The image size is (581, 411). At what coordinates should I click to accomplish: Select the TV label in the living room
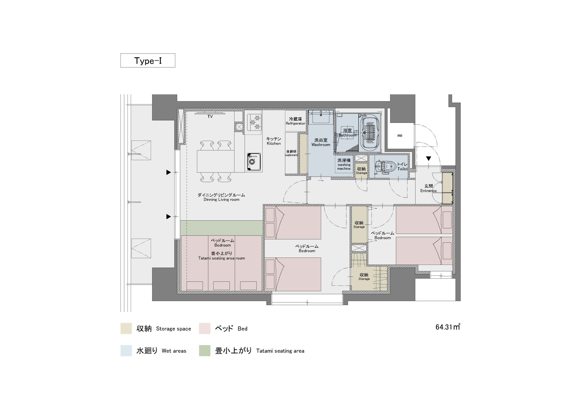pos(210,116)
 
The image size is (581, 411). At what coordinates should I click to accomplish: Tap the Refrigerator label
pos(295,121)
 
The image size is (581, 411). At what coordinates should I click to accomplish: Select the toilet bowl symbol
pos(385,167)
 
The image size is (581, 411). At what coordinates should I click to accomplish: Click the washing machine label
pos(344,164)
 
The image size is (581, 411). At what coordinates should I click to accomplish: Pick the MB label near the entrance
pos(400,136)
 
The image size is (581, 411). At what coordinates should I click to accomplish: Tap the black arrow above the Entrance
pos(428,159)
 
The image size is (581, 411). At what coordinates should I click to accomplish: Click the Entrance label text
pos(428,188)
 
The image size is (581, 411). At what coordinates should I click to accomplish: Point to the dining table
pos(216,161)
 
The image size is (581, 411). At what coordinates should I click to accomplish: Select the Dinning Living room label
pos(222,197)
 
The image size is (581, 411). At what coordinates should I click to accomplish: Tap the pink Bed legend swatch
pos(204,328)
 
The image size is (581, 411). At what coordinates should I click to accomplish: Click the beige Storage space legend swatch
pos(126,328)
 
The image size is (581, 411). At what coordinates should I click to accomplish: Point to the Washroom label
pos(321,142)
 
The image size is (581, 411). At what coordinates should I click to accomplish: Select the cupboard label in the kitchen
pos(291,153)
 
